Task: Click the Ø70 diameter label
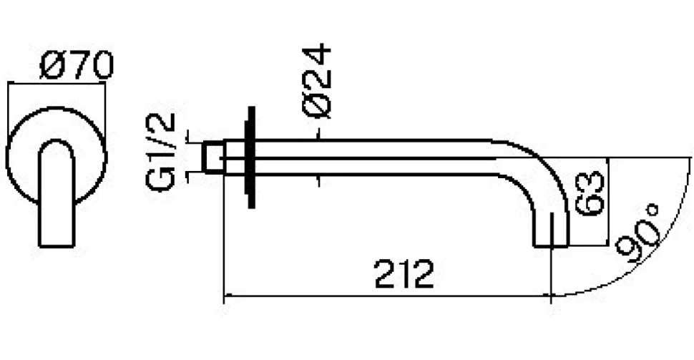[77, 66]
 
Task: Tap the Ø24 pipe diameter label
[317, 81]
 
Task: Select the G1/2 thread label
[161, 152]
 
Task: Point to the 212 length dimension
[404, 274]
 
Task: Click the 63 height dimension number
[590, 193]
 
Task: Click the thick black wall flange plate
[251, 157]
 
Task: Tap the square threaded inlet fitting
[212, 157]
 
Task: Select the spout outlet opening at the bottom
[551, 245]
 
